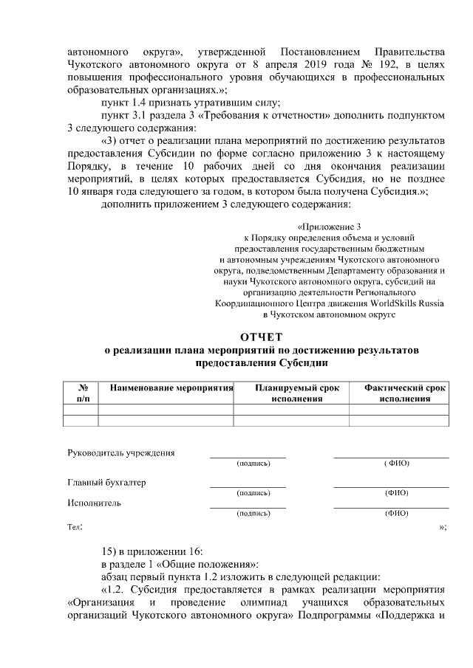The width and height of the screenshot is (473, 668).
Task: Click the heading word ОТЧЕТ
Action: pos(262,337)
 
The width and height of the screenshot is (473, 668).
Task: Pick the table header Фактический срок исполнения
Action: pos(404,393)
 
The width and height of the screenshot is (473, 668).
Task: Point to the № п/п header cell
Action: pos(84,393)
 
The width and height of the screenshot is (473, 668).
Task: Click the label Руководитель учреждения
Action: pos(120,452)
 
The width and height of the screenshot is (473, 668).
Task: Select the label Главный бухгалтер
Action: pos(106,483)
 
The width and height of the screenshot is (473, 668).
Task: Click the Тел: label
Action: pos(75,528)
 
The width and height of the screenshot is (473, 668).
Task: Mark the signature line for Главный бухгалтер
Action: pos(248,487)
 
